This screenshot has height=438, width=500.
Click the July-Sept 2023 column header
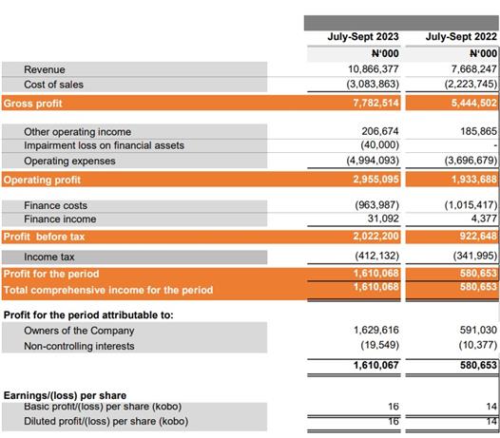coord(363,37)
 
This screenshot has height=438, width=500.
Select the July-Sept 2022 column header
coord(461,37)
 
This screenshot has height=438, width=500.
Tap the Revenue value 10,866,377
coord(373,68)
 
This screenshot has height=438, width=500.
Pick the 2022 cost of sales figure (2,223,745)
coord(471,84)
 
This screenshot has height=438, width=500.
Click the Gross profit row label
coord(33,104)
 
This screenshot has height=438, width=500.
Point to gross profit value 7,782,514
coord(376,103)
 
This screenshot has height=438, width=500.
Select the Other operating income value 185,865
coord(479,131)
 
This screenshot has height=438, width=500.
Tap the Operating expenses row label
coord(69,161)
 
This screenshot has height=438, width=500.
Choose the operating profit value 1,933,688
coord(474,180)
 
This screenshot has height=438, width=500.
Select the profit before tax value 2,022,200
coord(376,236)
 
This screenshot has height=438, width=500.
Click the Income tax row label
coord(49,257)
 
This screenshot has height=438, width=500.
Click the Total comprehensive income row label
coord(108,290)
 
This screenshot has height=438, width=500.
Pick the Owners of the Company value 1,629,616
coord(376,330)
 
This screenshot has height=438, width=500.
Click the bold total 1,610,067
coord(376,365)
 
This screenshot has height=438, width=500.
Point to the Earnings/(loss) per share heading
coord(65,395)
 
